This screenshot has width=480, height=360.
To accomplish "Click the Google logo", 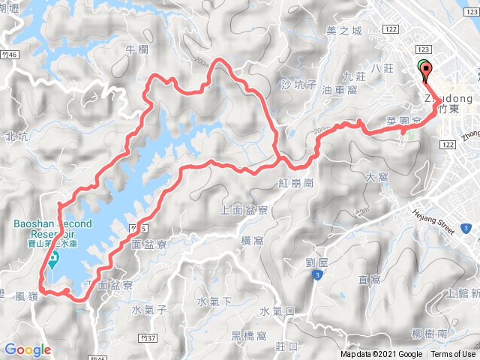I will pyautogui.click(x=27, y=349).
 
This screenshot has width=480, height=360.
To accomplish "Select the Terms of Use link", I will pyautogui.click(x=453, y=355).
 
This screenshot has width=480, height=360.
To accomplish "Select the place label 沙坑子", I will pyautogui.click(x=298, y=85).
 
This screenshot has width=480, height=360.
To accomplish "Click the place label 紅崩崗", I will pyautogui.click(x=298, y=183).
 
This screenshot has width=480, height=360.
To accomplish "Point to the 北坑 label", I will pyautogui.click(x=16, y=136).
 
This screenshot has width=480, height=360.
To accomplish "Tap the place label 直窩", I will pyautogui.click(x=370, y=280).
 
